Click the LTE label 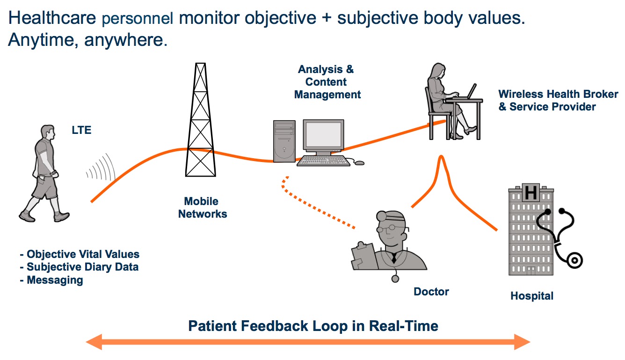[x=81, y=130]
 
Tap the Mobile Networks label [x=203, y=207]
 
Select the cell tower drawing [x=201, y=120]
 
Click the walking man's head [x=47, y=132]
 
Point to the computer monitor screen [x=323, y=135]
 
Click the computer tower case [x=284, y=141]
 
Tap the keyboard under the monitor [x=323, y=161]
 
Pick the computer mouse [x=359, y=163]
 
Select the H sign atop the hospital [x=531, y=192]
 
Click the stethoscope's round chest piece [x=574, y=260]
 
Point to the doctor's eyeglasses [x=390, y=228]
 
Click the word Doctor [x=431, y=292]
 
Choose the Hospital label [x=532, y=296]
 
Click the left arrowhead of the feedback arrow [x=94, y=342]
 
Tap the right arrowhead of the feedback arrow [x=522, y=342]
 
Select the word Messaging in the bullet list [x=55, y=280]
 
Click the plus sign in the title [x=327, y=18]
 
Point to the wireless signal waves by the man [x=101, y=167]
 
